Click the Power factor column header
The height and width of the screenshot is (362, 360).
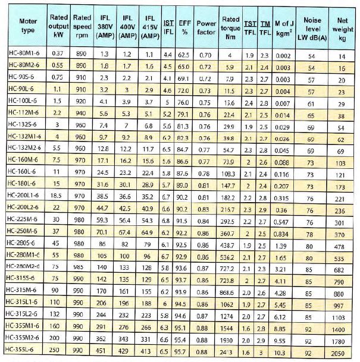pyautogui.click(x=205, y=26)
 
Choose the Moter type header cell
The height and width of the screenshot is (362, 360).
pyautogui.click(x=23, y=26)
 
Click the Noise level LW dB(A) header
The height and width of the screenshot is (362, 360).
pyautogui.click(x=312, y=26)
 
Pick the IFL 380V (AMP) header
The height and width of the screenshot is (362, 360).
pyautogui.click(x=104, y=26)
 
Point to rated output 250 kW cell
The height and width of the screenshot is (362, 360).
pyautogui.click(x=58, y=352)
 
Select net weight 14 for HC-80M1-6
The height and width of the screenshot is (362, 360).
pyautogui.click(x=341, y=55)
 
